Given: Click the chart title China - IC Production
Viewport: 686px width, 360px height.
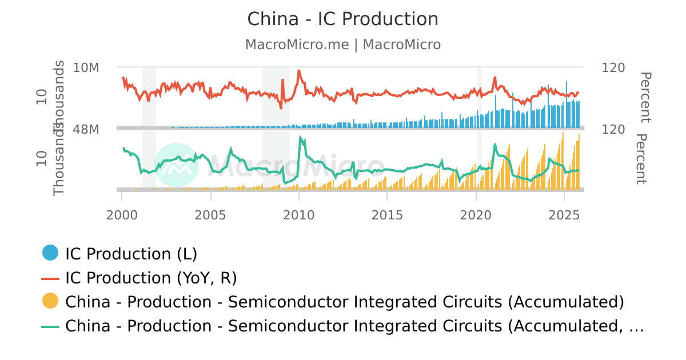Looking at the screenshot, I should [x=342, y=19].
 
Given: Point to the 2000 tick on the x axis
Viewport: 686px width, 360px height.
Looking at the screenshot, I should [x=122, y=215].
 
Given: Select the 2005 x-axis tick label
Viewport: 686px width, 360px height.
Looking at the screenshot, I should [x=211, y=215].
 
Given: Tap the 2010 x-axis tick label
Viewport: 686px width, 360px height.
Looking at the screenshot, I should [x=299, y=215].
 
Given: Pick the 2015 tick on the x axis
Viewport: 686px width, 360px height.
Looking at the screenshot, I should [x=387, y=215].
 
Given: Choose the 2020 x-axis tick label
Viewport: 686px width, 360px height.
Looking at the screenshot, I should [x=476, y=215].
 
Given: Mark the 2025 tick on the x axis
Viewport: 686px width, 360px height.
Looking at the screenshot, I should [x=564, y=215].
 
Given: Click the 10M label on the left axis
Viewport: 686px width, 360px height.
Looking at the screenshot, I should [x=86, y=68].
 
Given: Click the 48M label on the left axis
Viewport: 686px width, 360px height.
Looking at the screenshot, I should [x=86, y=130].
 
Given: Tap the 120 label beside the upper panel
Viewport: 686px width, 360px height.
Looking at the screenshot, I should [x=613, y=68].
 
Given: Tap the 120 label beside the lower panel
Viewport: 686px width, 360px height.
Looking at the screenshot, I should [x=613, y=130].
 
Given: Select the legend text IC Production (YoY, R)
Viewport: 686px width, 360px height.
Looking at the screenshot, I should [x=151, y=278].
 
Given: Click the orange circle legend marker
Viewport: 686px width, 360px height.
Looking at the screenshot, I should [x=50, y=301].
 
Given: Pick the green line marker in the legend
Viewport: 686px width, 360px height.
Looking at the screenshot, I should [x=50, y=326].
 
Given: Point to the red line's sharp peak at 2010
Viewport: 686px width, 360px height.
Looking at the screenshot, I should [x=298, y=71].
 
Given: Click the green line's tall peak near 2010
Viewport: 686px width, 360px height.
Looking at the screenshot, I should [x=300, y=137].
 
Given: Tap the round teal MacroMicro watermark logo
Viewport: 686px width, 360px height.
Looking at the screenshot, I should [x=176, y=165].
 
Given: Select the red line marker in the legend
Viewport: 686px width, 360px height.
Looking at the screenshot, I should [x=50, y=278].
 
